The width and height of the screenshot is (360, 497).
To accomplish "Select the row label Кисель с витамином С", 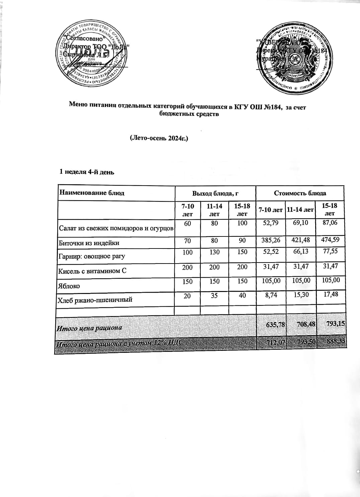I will [93, 271].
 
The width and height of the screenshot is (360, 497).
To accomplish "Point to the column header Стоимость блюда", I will [300, 193].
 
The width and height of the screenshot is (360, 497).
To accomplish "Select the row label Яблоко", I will [70, 286].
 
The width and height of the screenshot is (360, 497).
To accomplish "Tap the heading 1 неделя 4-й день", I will [87, 172].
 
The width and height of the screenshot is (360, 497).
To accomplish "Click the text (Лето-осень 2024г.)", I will [159, 138].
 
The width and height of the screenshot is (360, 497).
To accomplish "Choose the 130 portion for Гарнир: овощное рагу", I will [214, 253].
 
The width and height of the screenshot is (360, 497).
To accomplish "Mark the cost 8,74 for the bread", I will [271, 295].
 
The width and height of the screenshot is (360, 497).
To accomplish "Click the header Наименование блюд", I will [92, 193].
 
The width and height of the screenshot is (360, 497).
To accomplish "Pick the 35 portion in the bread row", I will [214, 295].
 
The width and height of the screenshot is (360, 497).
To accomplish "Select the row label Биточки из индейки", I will [89, 243].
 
